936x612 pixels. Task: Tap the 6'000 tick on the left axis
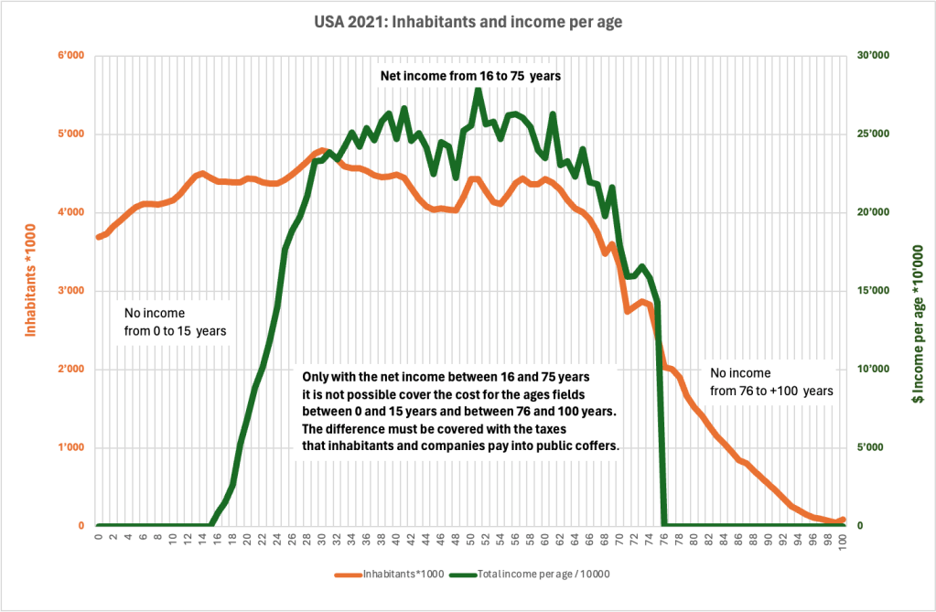71,57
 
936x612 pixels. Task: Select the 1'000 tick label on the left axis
71,448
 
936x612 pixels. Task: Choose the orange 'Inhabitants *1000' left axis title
31,290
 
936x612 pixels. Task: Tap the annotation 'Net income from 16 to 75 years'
470,77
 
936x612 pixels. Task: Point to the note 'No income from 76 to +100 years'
771,381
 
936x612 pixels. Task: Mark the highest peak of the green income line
478,89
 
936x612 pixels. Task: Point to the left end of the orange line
99,237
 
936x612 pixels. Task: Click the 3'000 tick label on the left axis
71,292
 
